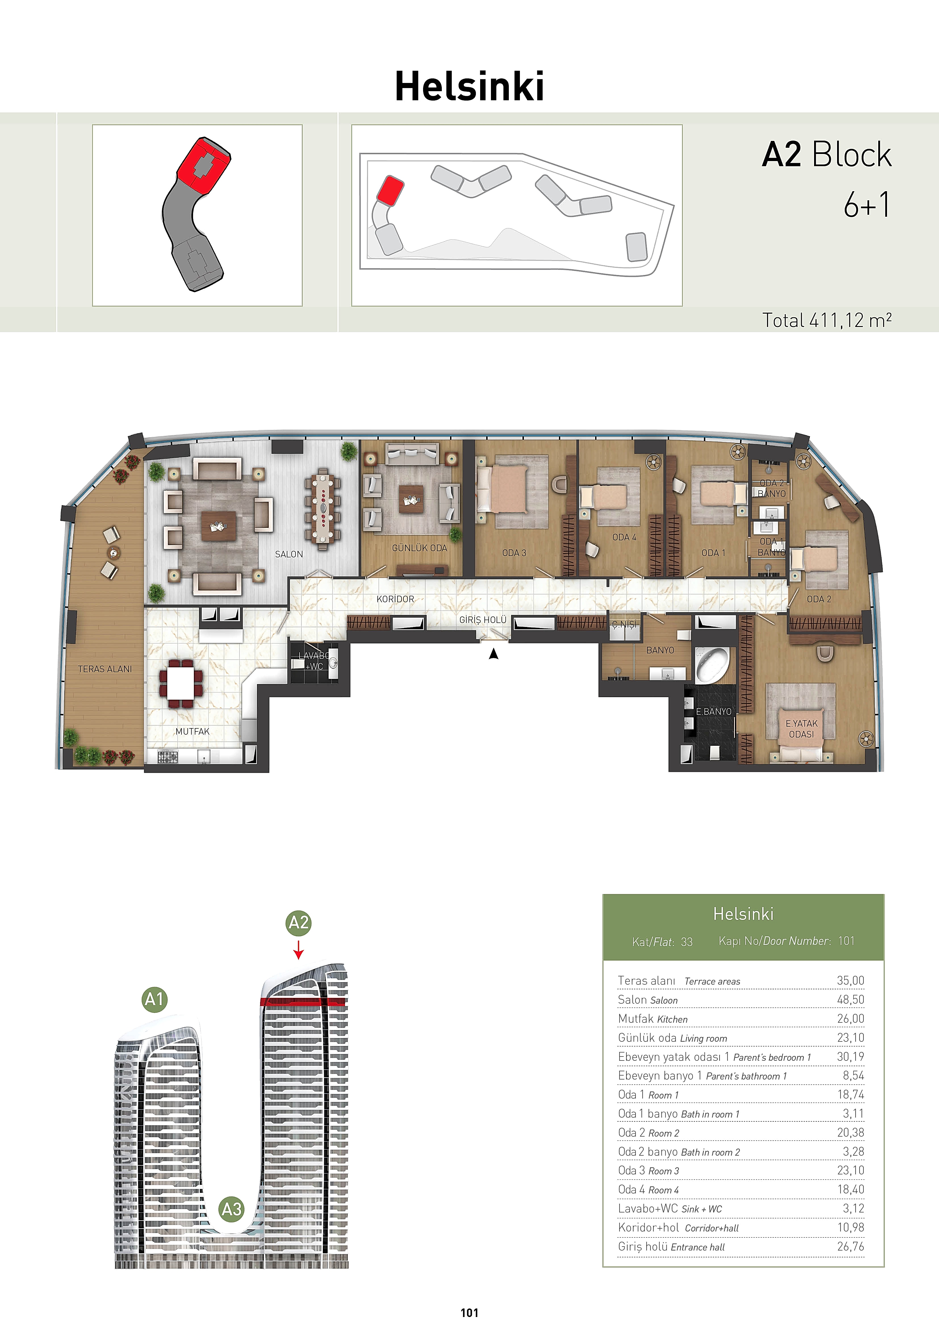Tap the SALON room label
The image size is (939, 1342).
[x=289, y=554]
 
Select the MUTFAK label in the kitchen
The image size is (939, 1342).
[x=192, y=731]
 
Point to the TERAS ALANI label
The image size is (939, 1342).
[x=105, y=669]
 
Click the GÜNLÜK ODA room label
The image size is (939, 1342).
[x=420, y=548]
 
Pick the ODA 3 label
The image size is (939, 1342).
[x=514, y=552]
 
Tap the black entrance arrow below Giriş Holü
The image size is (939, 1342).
[x=494, y=654]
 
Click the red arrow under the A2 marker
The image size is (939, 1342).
[x=299, y=949]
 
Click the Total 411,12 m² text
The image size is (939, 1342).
[x=827, y=320]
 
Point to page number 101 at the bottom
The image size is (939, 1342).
[x=469, y=1313]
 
